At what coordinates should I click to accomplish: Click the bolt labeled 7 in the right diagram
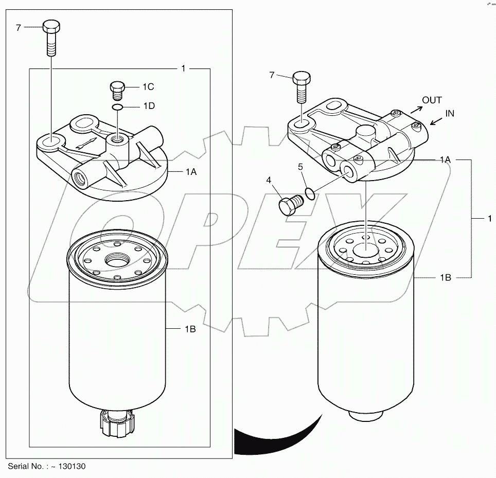pyautogui.click(x=301, y=87)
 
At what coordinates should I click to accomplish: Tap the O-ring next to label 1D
pyautogui.click(x=118, y=107)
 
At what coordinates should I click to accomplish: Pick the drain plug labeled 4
pyautogui.click(x=288, y=205)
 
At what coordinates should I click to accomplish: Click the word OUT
pyautogui.click(x=432, y=100)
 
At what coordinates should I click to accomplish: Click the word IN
pyautogui.click(x=450, y=114)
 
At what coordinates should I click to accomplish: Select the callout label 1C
pyautogui.click(x=149, y=87)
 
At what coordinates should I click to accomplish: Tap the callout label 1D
pyautogui.click(x=149, y=107)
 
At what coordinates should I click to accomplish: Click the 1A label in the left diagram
pyautogui.click(x=190, y=172)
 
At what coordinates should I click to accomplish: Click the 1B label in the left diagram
pyautogui.click(x=189, y=329)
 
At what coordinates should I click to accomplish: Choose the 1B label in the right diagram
pyautogui.click(x=445, y=277)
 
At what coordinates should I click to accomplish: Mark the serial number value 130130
pyautogui.click(x=72, y=467)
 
